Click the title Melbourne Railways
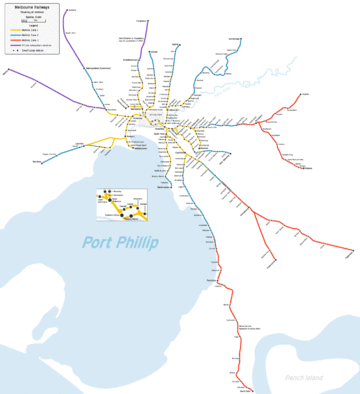tap(31, 7)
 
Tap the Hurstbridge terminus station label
tap(235, 41)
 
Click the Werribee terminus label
tap(37, 162)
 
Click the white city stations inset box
tap(121, 206)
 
